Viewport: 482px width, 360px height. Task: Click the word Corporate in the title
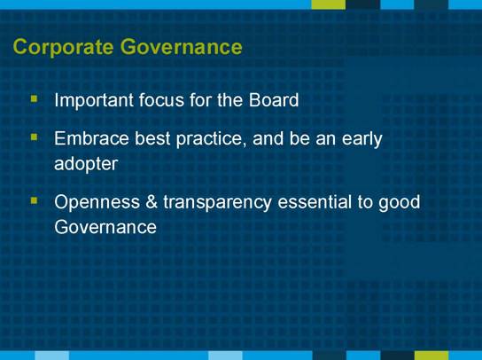(63, 47)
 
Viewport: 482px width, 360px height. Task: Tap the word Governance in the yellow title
(181, 46)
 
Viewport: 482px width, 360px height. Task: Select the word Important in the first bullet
(94, 100)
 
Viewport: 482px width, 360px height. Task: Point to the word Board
(274, 99)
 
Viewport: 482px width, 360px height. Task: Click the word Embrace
(91, 138)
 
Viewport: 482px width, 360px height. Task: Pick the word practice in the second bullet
(212, 140)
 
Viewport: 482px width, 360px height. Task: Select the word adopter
(86, 164)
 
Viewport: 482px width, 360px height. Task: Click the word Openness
(97, 202)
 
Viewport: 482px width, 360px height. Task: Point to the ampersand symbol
(152, 202)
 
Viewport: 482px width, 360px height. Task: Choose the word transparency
(217, 203)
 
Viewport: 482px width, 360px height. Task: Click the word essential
(315, 202)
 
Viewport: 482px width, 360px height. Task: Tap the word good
(399, 203)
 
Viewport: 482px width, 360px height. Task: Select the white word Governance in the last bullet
(105, 227)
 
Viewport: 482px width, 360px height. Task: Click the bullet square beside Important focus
(35, 99)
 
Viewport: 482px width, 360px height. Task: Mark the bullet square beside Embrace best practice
(35, 137)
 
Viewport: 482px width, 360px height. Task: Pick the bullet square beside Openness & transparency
(35, 200)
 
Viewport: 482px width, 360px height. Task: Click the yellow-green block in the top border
(329, 4)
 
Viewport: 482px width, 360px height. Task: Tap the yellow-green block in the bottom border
(431, 356)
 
